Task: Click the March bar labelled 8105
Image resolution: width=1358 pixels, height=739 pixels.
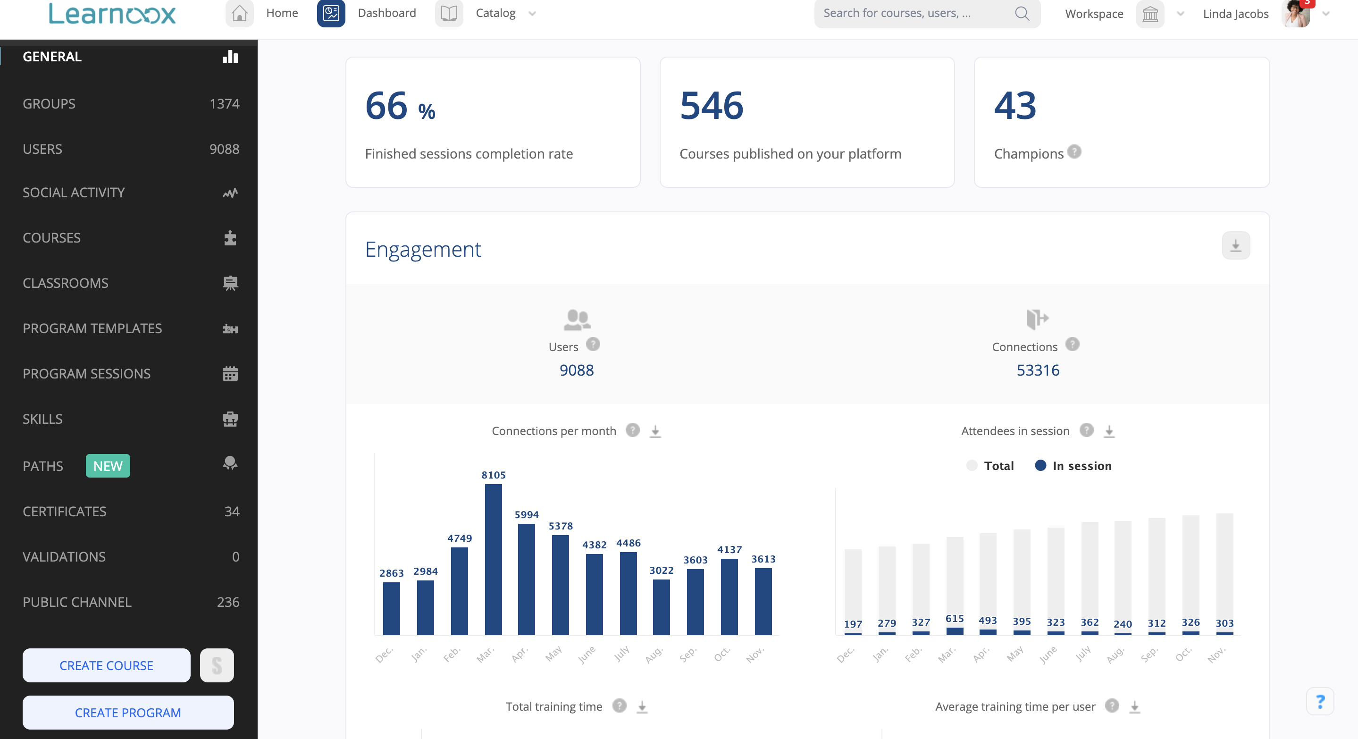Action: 493,559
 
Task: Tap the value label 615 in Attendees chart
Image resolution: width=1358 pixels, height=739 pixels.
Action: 954,618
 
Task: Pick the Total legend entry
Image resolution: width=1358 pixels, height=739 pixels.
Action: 990,466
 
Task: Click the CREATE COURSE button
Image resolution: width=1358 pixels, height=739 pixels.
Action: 106,665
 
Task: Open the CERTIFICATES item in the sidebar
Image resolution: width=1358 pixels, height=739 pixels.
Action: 64,511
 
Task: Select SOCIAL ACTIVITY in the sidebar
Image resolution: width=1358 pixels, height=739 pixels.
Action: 74,193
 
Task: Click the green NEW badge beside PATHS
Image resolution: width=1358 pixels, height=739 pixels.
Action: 108,466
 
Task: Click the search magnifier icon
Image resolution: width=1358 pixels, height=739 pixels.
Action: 1022,13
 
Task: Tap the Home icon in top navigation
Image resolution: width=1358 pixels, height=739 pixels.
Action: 239,13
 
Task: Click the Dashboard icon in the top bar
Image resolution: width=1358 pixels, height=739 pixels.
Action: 331,13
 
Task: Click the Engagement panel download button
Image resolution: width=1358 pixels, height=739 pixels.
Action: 1235,246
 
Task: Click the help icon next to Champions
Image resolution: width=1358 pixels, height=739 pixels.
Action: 1074,152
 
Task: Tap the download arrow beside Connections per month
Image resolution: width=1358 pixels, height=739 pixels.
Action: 655,431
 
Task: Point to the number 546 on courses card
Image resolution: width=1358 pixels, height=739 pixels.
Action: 711,105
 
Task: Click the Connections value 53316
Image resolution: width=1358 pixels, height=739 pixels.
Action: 1038,370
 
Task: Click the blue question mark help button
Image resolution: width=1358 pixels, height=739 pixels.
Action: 1320,702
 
